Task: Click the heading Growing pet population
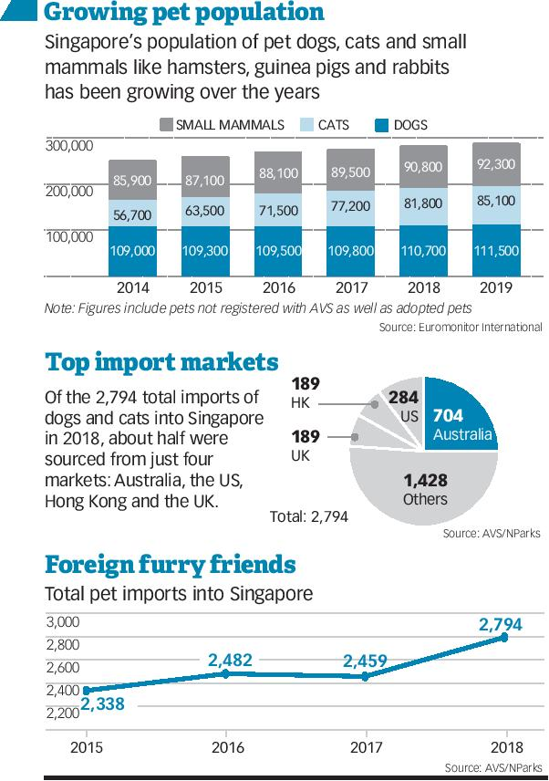183,13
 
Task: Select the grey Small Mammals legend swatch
167,125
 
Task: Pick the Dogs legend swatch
382,125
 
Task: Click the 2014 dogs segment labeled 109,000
132,250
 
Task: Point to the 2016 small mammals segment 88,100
277,172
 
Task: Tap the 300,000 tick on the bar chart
68,146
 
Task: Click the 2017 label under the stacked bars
350,286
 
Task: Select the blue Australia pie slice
461,416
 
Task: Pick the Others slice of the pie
425,488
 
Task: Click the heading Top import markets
161,362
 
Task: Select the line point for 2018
503,638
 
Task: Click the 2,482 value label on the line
229,659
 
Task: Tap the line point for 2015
87,691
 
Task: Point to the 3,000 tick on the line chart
63,622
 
